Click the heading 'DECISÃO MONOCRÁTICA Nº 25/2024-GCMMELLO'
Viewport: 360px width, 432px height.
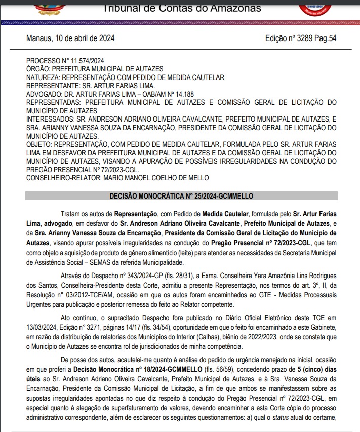[x=181, y=195]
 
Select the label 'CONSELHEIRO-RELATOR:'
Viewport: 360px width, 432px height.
[x=64, y=178]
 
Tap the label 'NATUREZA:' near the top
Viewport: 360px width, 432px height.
[x=43, y=77]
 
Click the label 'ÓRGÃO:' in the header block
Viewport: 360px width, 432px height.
[x=39, y=69]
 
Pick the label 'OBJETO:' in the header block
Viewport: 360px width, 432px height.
[x=39, y=144]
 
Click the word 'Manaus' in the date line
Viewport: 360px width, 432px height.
[x=39, y=38]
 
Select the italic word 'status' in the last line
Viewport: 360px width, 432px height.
[x=281, y=418]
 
